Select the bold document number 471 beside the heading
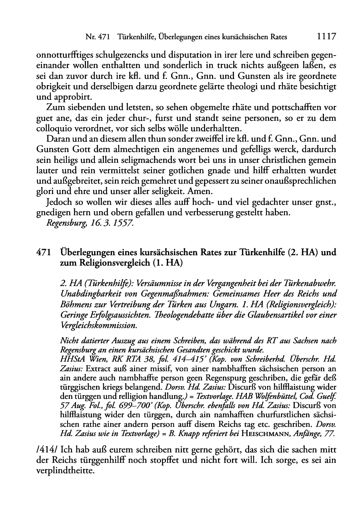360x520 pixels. click(x=43, y=253)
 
